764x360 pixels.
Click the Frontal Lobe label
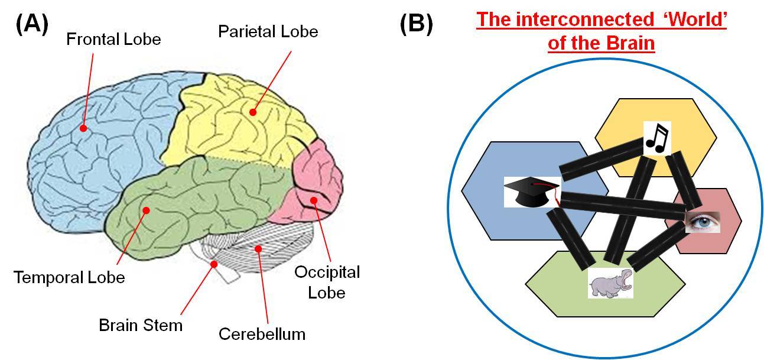click(x=113, y=40)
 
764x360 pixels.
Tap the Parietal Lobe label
click(x=268, y=31)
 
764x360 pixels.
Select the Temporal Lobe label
click(x=70, y=277)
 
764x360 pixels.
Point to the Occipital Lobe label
click(x=327, y=282)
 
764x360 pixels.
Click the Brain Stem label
click(x=141, y=325)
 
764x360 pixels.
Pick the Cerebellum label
click(x=262, y=333)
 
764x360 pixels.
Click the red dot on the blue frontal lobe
click(x=83, y=128)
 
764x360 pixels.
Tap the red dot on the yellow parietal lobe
click(x=253, y=111)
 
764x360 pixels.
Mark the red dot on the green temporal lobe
click(x=146, y=209)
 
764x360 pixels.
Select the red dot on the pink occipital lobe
click(x=314, y=200)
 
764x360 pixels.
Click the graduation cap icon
click(x=531, y=192)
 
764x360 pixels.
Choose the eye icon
click(x=703, y=222)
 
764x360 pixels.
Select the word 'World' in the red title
click(x=695, y=21)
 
